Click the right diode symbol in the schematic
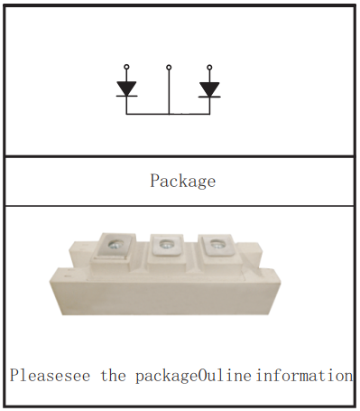[x=210, y=89]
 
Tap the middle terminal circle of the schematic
[x=169, y=67]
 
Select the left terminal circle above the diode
[x=126, y=67]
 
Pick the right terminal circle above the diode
[x=210, y=67]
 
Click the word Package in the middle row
[x=182, y=181]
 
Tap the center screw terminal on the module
[x=166, y=242]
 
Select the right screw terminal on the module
[x=216, y=242]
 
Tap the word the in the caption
[x=114, y=375]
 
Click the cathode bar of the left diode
[x=126, y=96]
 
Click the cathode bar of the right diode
[x=210, y=96]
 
